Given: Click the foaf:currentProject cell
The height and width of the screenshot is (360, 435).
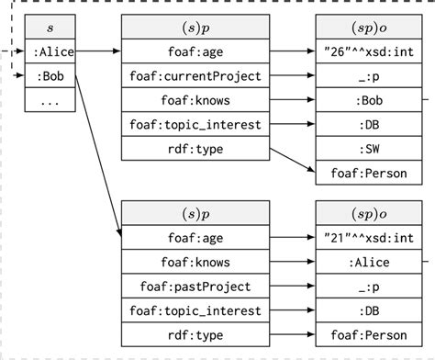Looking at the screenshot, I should [190, 76].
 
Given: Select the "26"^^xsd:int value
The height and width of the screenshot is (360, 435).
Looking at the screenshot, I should [370, 52].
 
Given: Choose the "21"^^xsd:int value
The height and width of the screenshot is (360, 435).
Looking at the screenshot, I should [370, 237].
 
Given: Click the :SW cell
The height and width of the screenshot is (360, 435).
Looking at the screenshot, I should [370, 148].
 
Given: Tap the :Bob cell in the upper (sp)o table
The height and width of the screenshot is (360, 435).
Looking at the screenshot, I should [370, 100].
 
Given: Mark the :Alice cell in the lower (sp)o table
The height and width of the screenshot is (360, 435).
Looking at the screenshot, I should [370, 261].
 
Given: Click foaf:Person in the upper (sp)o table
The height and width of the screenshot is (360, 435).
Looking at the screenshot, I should [370, 172].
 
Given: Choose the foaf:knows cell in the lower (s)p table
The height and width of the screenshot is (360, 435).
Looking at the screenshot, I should [190, 261].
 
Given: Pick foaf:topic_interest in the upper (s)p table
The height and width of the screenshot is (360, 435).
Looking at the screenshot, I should [190, 124].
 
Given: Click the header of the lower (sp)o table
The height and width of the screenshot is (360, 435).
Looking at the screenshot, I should [370, 212].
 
